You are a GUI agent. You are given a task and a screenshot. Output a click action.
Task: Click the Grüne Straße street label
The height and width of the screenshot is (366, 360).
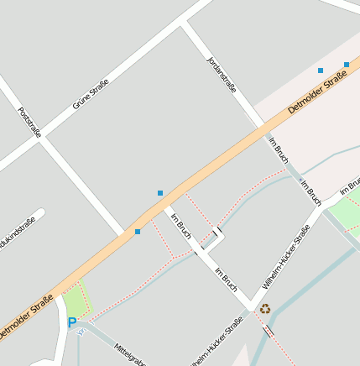tap(91, 94)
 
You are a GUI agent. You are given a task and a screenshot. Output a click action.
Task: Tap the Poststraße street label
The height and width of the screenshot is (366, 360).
tap(29, 122)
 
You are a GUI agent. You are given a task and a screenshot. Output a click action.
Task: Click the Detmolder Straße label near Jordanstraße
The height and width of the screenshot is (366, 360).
tap(317, 94)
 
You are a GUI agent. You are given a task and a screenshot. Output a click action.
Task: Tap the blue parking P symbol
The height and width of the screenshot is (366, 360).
tap(72, 322)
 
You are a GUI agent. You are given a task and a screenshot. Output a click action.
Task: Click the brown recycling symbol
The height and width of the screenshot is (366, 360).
tap(265, 309)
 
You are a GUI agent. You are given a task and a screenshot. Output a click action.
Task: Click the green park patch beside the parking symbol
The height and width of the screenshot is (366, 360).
tap(76, 300)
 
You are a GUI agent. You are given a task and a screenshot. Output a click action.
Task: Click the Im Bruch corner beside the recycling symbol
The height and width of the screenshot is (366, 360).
tap(249, 305)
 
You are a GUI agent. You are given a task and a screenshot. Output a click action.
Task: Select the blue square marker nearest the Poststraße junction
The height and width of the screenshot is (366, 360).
tap(138, 232)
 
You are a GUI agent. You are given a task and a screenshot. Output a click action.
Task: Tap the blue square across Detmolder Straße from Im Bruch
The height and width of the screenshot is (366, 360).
tap(160, 193)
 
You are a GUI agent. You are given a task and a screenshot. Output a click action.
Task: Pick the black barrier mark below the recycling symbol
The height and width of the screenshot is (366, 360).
tap(268, 332)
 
